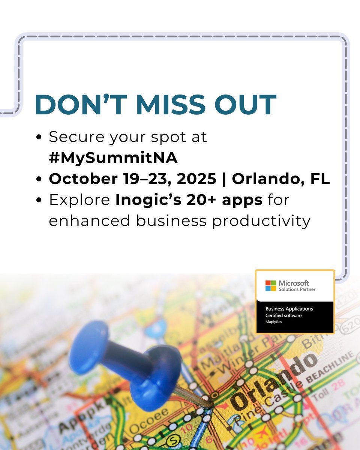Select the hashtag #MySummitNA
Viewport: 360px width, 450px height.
113,158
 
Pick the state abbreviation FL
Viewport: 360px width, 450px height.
319,179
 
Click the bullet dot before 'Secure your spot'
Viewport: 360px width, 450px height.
39,137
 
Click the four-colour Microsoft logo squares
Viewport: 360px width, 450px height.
270,285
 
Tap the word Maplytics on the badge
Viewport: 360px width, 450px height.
274,322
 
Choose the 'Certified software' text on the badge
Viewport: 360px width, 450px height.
283,316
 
